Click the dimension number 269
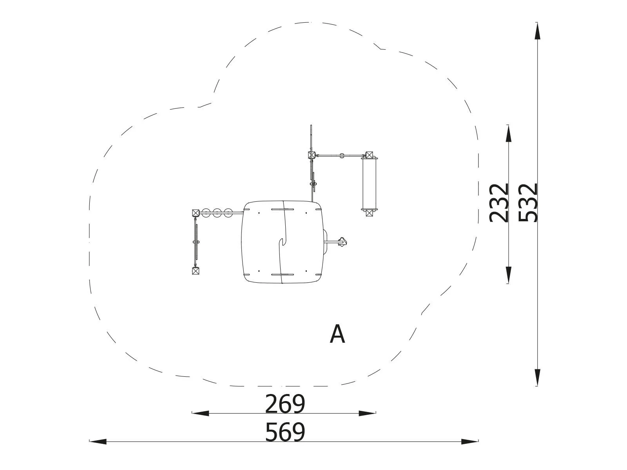point(285,404)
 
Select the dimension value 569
point(285,432)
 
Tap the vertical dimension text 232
point(499,202)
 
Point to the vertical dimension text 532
point(528,202)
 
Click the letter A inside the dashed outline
point(337,334)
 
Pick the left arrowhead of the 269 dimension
point(200,413)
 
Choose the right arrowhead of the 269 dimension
point(367,413)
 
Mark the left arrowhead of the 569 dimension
point(98,441)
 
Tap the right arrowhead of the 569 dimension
point(470,441)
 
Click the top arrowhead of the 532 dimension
point(537,31)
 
